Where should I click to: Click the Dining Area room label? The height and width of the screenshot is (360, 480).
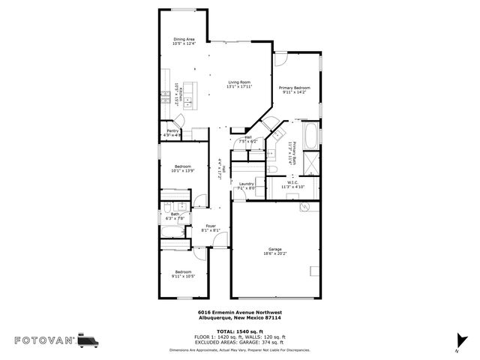(x=184, y=40)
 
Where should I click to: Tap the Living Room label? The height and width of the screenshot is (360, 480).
(x=239, y=82)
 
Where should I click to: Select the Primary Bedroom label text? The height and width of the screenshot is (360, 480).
(x=295, y=88)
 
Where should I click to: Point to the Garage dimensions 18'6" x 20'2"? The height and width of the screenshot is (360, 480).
(x=275, y=254)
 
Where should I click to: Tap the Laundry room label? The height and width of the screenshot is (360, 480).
(x=247, y=184)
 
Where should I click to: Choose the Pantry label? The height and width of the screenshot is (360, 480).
(x=172, y=131)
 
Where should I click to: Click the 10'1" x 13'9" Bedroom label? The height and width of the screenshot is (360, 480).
(x=184, y=169)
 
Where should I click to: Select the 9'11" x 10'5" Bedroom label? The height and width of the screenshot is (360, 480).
(x=184, y=274)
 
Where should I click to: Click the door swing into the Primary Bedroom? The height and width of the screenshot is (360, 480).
(x=280, y=60)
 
